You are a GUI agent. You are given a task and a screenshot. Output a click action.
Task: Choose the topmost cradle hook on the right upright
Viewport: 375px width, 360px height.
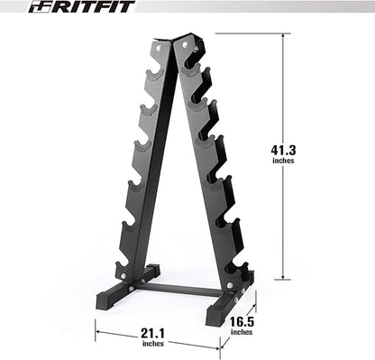(192, 66)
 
